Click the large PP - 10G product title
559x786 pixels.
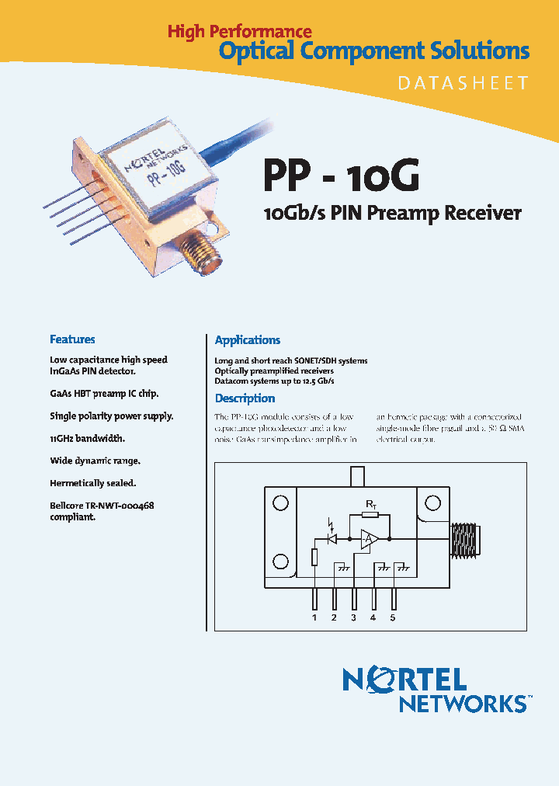click(x=342, y=176)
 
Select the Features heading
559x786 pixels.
click(x=72, y=339)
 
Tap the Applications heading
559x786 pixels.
click(x=248, y=340)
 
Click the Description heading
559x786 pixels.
click(x=245, y=398)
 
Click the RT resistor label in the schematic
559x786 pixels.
click(x=370, y=506)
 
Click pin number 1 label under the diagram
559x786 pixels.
click(x=314, y=618)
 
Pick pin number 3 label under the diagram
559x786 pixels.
click(x=354, y=618)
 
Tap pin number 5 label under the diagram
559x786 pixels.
click(x=393, y=618)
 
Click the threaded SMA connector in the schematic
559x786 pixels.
click(x=469, y=537)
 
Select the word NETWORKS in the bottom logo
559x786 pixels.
click(x=463, y=704)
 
